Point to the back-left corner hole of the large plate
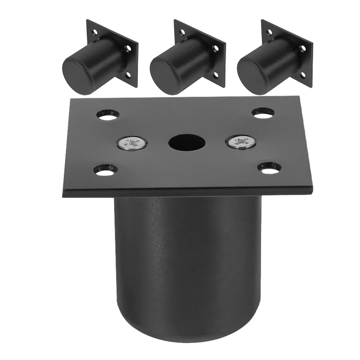(107, 116)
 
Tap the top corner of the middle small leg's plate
(175, 20)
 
